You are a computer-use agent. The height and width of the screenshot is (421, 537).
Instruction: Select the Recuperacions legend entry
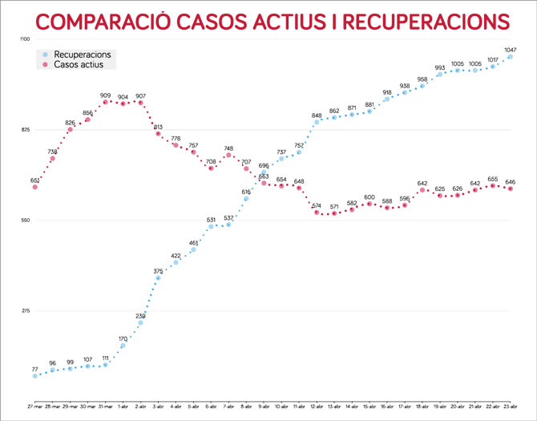pos(87,54)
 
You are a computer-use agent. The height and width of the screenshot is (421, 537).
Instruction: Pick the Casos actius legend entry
pos(82,64)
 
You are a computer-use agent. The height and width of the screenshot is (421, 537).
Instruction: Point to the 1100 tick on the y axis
pos(25,39)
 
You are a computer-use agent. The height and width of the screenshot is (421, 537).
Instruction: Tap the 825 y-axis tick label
pos(25,130)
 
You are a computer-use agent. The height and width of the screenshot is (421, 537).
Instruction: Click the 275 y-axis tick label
pos(25,311)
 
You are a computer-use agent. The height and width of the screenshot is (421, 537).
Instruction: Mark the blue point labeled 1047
pos(511,56)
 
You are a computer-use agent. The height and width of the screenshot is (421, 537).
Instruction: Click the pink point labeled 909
pos(106,102)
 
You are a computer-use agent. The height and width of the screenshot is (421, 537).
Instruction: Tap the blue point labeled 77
pos(35,375)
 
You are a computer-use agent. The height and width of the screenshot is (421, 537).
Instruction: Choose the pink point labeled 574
pos(317,213)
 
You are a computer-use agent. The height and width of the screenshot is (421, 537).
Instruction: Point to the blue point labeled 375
pos(159,277)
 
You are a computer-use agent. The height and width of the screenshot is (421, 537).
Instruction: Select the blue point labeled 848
pos(317,122)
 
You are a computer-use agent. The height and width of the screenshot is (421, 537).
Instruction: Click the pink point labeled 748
pos(229,155)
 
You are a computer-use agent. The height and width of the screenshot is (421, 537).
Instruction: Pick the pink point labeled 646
pos(511,188)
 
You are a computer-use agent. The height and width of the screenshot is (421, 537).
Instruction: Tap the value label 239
pos(141,316)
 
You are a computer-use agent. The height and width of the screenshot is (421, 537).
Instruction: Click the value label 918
pos(387,92)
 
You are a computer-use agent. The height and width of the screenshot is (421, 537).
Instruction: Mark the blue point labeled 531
pos(212,226)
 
